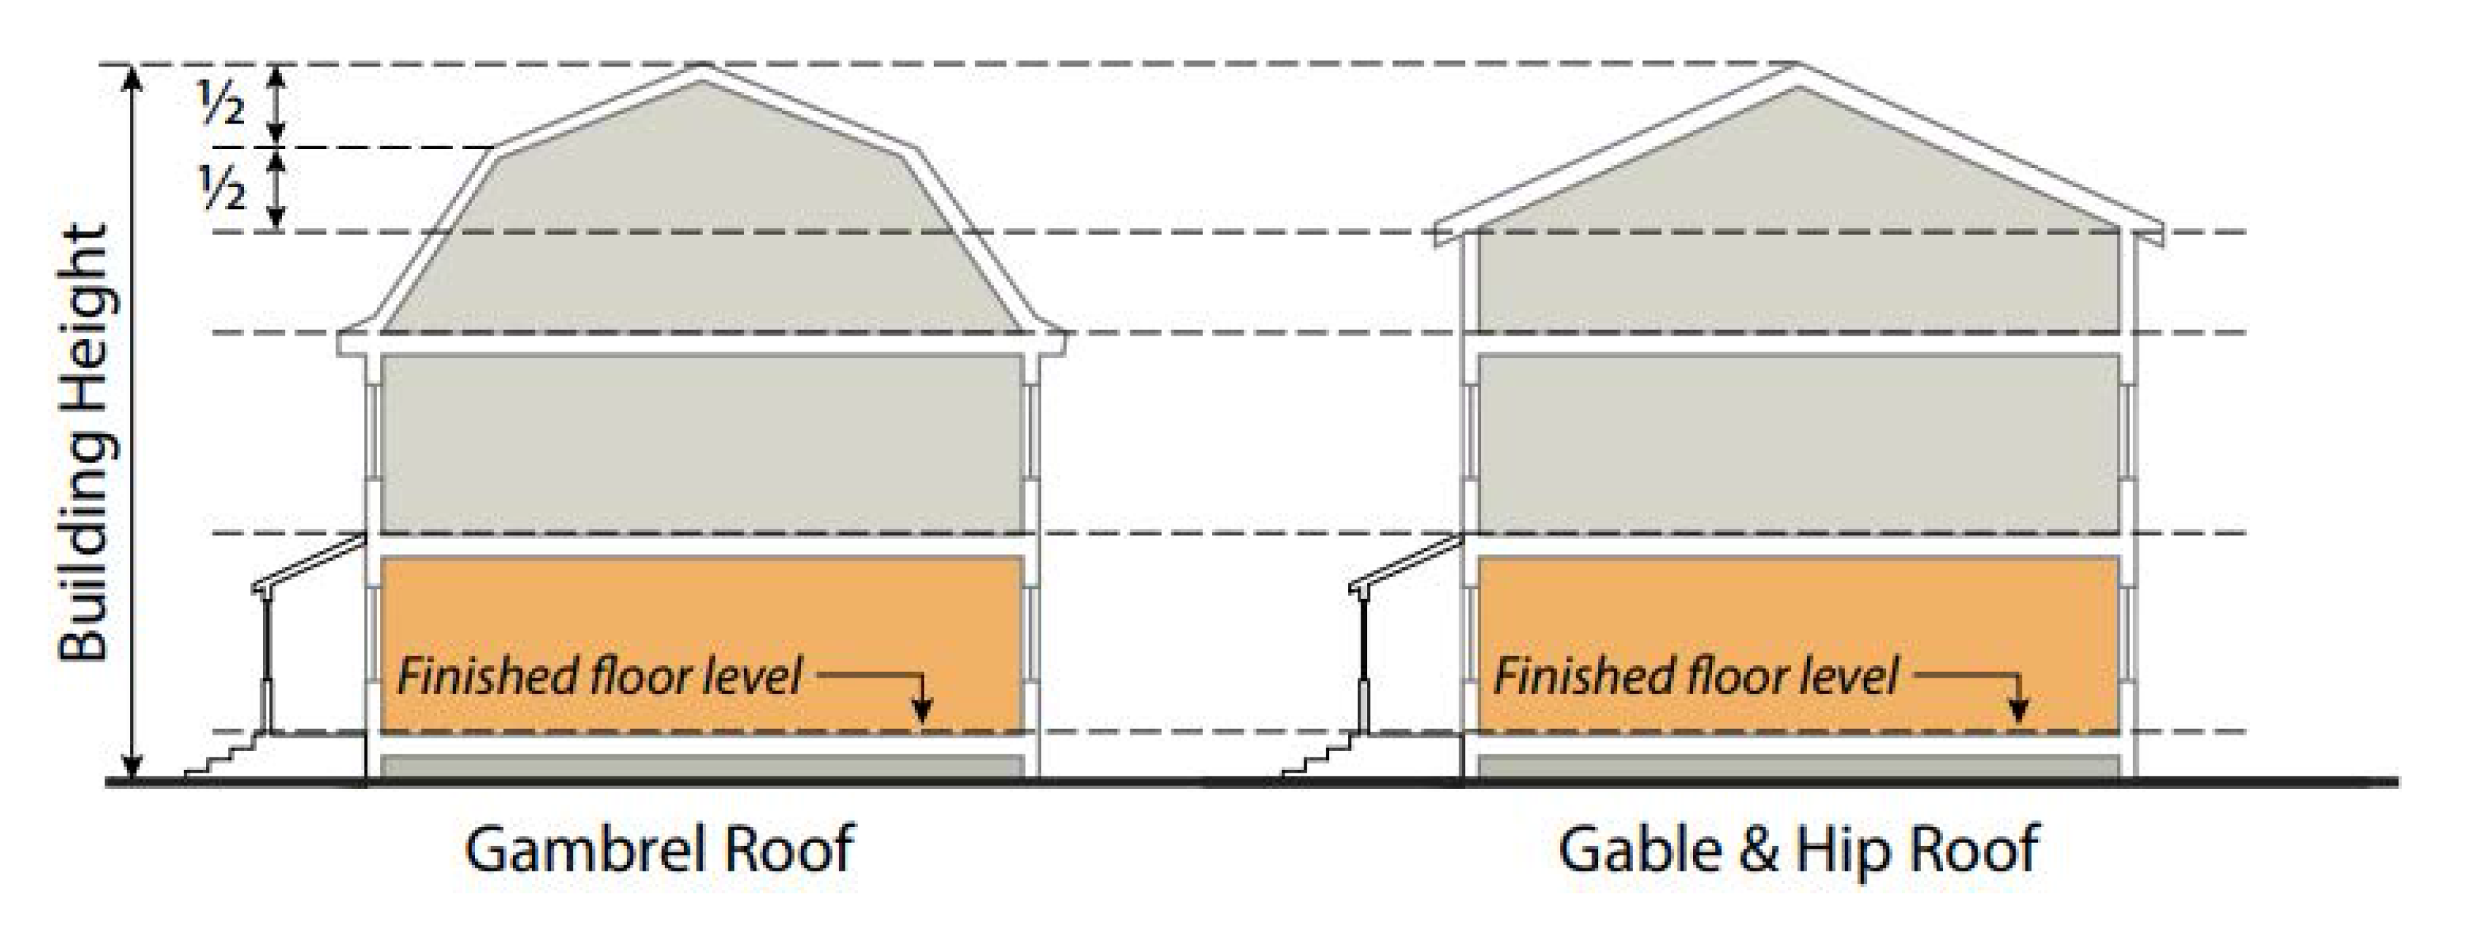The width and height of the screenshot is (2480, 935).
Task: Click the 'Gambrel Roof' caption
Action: coord(660,849)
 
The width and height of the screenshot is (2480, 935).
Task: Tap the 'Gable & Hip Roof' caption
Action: coord(1798,849)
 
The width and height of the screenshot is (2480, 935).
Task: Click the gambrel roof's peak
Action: coord(701,69)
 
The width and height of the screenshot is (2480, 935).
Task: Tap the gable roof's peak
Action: coord(1798,69)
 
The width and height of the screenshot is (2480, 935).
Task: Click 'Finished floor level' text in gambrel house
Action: coord(599,676)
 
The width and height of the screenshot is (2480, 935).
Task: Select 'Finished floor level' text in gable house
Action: coord(1695,676)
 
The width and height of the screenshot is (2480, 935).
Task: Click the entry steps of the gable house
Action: coord(1319,755)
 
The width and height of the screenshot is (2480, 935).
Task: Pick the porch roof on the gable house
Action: coord(1407,564)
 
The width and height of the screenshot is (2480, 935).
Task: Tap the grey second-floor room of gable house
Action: coord(1798,443)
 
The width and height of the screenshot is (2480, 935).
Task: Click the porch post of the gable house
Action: coord(1363,665)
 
